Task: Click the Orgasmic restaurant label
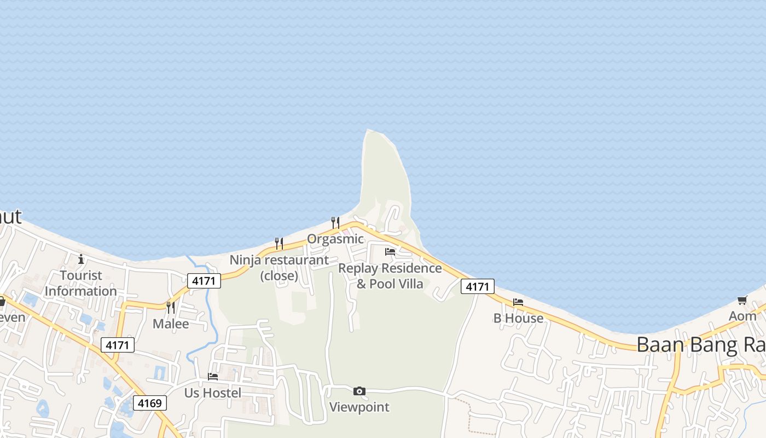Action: [x=335, y=239]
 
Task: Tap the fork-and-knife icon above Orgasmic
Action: [x=335, y=222]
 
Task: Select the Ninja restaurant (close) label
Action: [x=280, y=267]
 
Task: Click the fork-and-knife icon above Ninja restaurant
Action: [x=278, y=243]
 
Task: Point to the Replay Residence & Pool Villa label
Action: [x=390, y=276]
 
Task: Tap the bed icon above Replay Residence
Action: [x=390, y=252]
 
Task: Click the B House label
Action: [x=518, y=318]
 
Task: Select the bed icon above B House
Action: [x=518, y=302]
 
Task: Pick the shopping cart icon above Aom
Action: [x=742, y=300]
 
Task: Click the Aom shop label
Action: [x=742, y=316]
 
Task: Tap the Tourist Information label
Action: [x=81, y=283]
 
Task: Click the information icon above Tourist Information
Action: [x=81, y=259]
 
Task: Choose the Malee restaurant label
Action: [x=171, y=324]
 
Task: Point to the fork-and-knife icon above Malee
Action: [x=171, y=307]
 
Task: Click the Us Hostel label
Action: [x=213, y=393]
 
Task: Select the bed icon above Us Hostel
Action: [x=213, y=377]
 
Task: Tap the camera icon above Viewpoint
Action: [x=359, y=391]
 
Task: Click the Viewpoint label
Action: [x=359, y=407]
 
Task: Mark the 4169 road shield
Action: [x=149, y=404]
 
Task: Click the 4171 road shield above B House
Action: [x=477, y=286]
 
